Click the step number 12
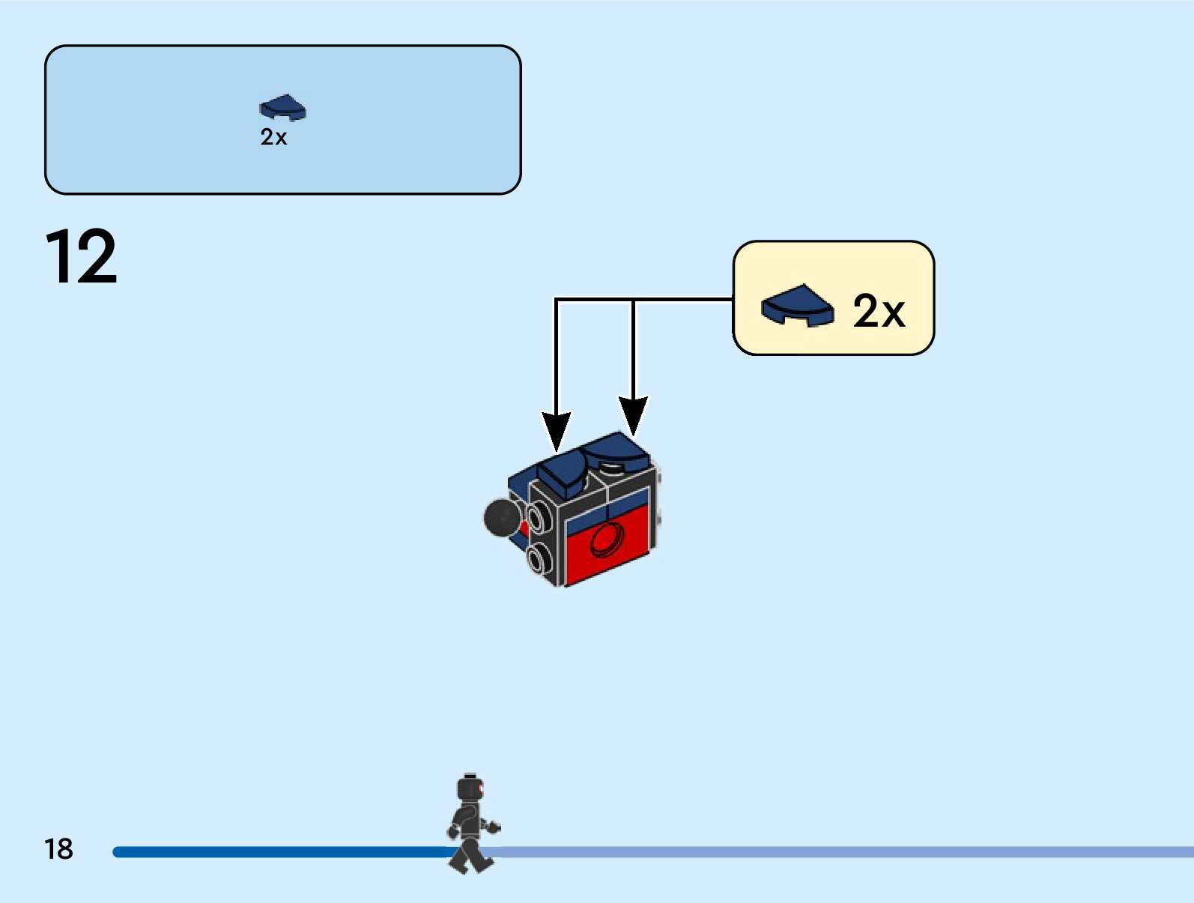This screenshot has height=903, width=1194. (81, 257)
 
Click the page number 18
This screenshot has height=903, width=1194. (58, 849)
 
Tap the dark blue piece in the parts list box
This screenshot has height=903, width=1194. (282, 108)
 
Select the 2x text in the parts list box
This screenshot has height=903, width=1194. (273, 137)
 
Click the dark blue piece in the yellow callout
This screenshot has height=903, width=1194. (797, 305)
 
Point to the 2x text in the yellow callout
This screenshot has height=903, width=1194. (879, 310)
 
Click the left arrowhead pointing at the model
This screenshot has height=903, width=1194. (556, 431)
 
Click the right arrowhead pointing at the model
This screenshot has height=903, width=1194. (633, 414)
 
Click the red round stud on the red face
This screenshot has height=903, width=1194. (607, 540)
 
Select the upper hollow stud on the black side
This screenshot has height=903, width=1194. (537, 516)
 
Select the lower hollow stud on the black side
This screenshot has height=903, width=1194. (537, 558)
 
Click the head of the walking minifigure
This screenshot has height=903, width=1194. (470, 788)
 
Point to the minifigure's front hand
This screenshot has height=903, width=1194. (493, 827)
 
